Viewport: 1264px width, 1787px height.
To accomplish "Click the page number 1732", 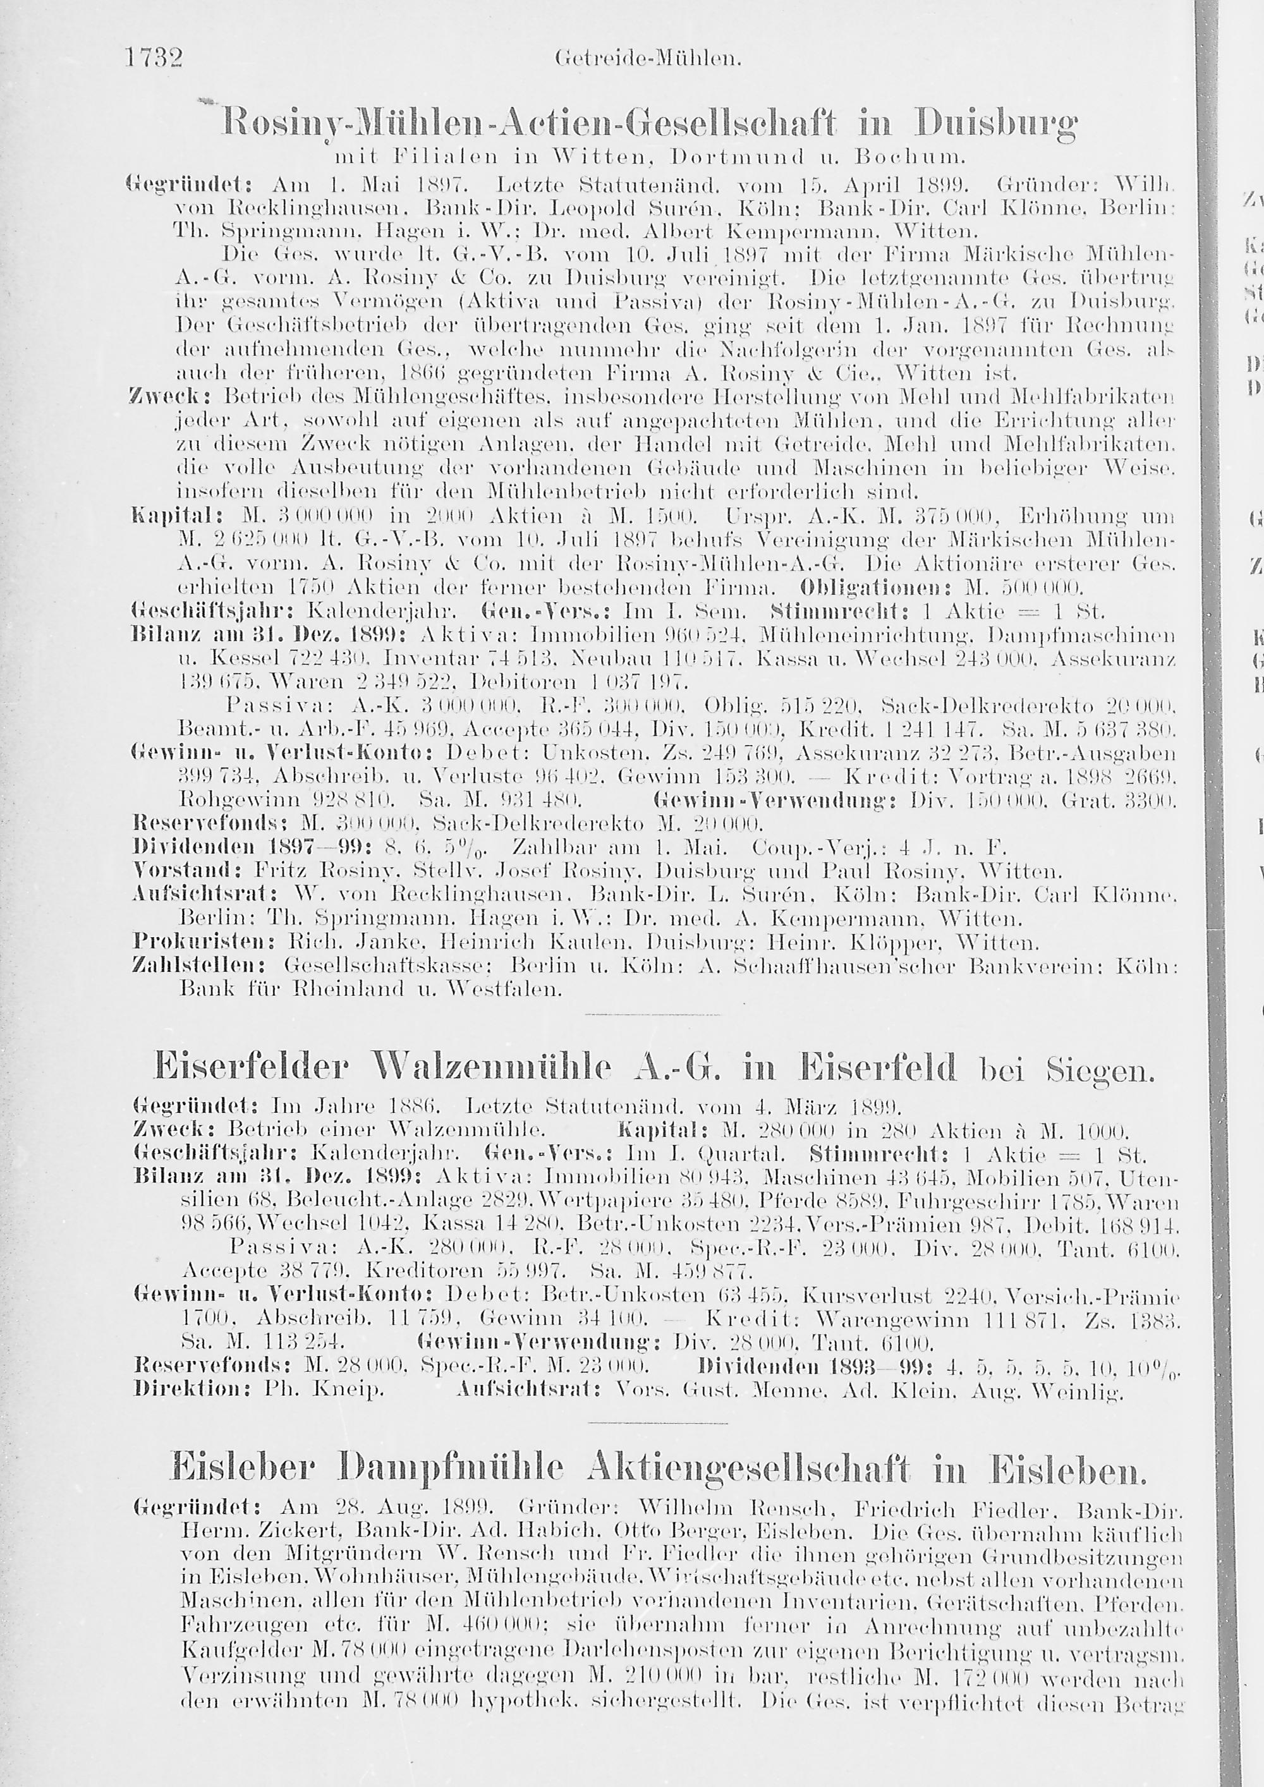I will point(155,58).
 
